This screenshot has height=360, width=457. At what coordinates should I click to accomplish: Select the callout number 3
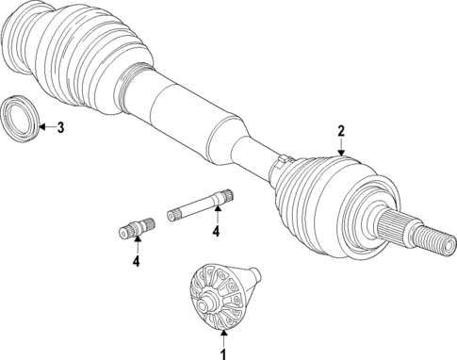[x=60, y=127]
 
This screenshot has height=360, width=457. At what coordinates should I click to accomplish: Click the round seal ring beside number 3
[x=20, y=117]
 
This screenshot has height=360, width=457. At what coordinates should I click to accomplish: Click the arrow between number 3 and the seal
[x=46, y=127]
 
